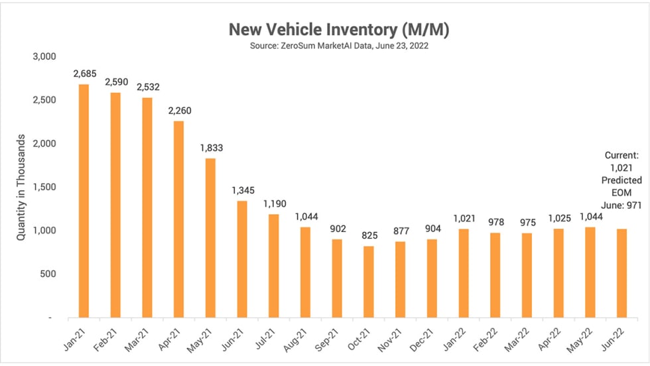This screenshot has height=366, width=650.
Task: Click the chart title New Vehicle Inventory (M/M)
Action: (330, 30)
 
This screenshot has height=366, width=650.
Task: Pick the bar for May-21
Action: (210, 238)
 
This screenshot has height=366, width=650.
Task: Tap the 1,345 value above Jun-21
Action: (243, 190)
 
